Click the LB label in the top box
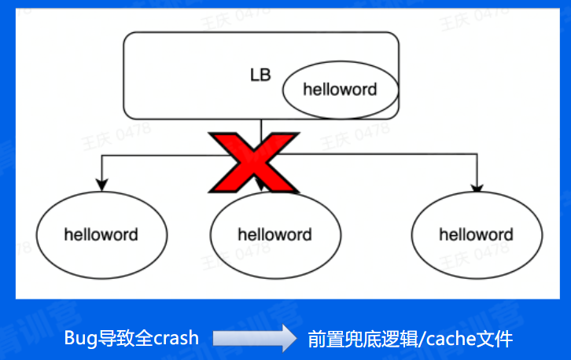click(x=260, y=75)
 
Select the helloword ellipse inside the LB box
click(x=340, y=89)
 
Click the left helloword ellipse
click(x=101, y=234)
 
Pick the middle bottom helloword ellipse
click(x=274, y=234)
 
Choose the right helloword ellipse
click(x=477, y=234)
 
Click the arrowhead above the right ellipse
click(x=476, y=188)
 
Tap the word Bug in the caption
click(x=79, y=338)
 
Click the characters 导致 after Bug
click(x=112, y=338)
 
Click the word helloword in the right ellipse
click(x=477, y=234)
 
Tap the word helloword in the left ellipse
click(x=101, y=234)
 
